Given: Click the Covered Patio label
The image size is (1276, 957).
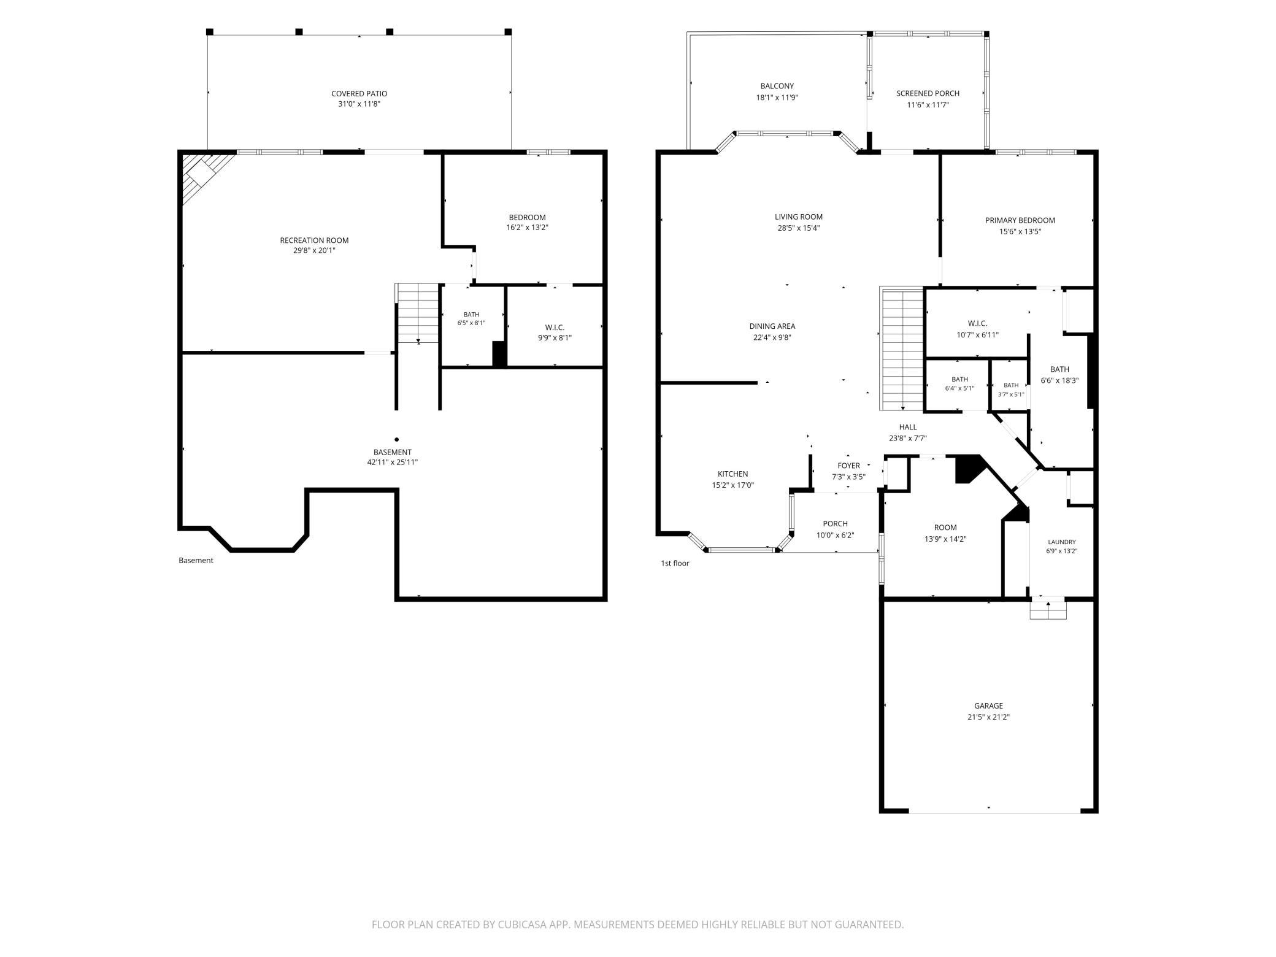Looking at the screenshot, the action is [x=359, y=93].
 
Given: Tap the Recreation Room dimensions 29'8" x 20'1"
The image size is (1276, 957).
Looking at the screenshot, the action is [x=314, y=250].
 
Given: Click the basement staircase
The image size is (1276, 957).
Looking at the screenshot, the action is [x=417, y=313].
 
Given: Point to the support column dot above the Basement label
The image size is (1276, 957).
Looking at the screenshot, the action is [x=396, y=439].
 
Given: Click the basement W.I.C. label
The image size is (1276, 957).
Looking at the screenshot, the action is [x=555, y=328].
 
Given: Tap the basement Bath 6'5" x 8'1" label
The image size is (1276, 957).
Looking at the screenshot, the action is [x=471, y=318].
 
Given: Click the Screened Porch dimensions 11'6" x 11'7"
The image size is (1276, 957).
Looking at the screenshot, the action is [x=928, y=105].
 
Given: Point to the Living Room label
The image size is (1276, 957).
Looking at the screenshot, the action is [x=798, y=217].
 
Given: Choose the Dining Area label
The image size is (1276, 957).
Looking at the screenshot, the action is [x=772, y=326].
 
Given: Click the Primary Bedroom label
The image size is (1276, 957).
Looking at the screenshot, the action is [x=1020, y=220].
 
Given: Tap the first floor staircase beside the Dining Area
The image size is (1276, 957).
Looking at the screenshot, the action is [x=902, y=348].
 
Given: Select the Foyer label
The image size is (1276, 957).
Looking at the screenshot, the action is [x=848, y=466].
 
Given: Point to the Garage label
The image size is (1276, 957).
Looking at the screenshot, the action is [x=988, y=706].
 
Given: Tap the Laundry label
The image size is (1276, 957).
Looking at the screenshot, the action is [x=1061, y=542].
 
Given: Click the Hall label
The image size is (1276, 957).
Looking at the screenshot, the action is [x=907, y=427].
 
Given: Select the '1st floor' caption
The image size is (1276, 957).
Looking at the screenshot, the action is [x=675, y=563].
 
